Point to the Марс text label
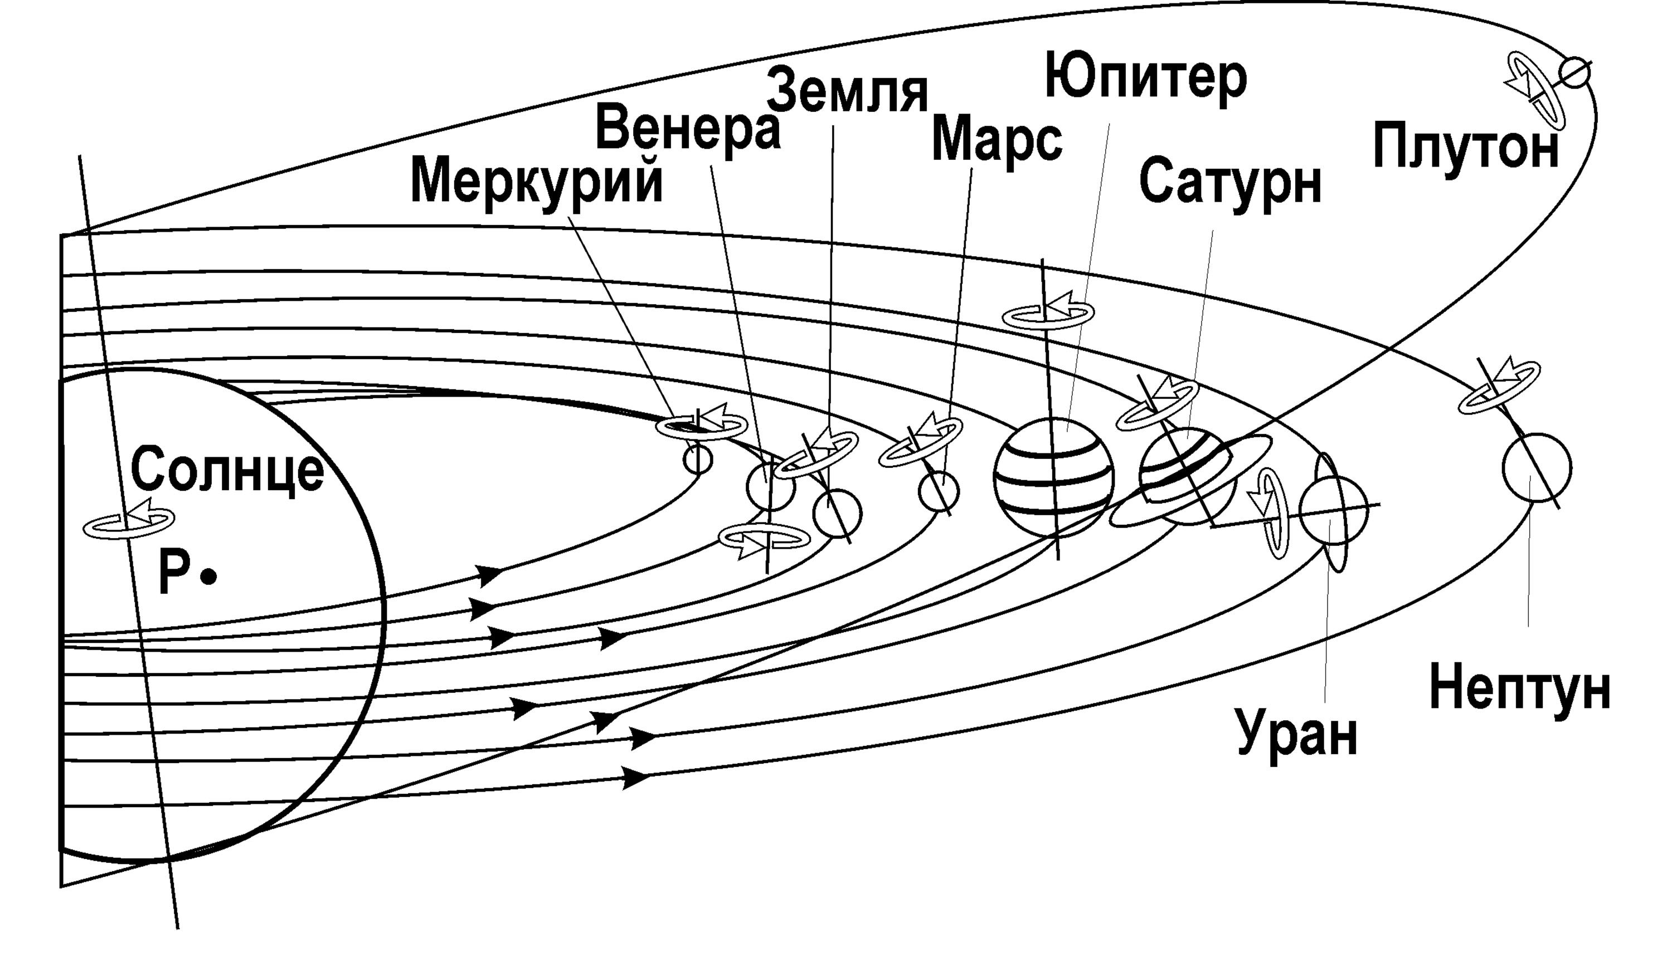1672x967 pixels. point(997,141)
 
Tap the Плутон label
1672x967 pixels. point(1465,149)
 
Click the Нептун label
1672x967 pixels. point(1520,689)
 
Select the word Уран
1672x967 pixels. point(1297,734)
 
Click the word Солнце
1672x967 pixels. point(227,468)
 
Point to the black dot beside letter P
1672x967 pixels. point(210,577)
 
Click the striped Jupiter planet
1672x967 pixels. point(1053,477)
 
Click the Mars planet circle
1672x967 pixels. point(939,491)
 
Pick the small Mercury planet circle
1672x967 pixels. point(697,459)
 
